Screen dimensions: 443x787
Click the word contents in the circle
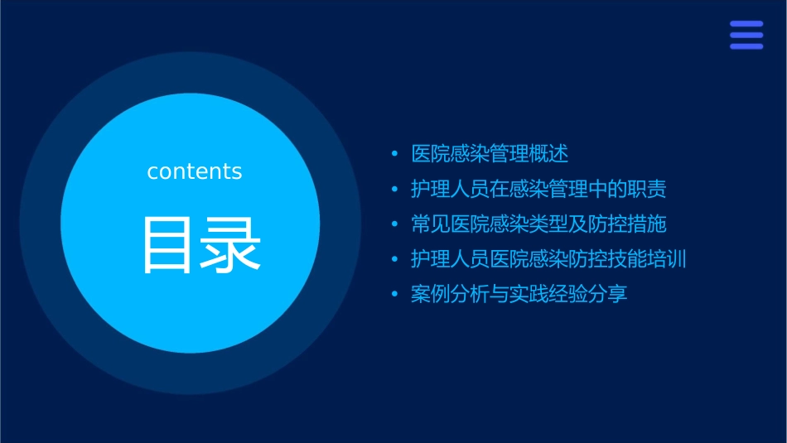(195, 171)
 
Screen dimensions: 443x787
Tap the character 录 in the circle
(225, 245)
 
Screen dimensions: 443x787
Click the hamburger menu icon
(746, 35)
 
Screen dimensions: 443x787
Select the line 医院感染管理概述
(490, 154)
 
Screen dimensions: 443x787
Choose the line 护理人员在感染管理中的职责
(538, 189)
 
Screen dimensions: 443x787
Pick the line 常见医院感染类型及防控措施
(538, 224)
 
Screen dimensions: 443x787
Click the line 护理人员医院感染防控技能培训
(548, 259)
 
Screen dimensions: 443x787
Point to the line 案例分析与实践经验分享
(519, 294)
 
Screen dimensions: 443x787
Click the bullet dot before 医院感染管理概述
(394, 154)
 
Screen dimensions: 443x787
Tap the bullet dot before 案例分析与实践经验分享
(394, 294)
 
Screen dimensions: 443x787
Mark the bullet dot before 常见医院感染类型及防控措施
(394, 224)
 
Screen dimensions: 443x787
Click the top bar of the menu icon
(746, 24)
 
